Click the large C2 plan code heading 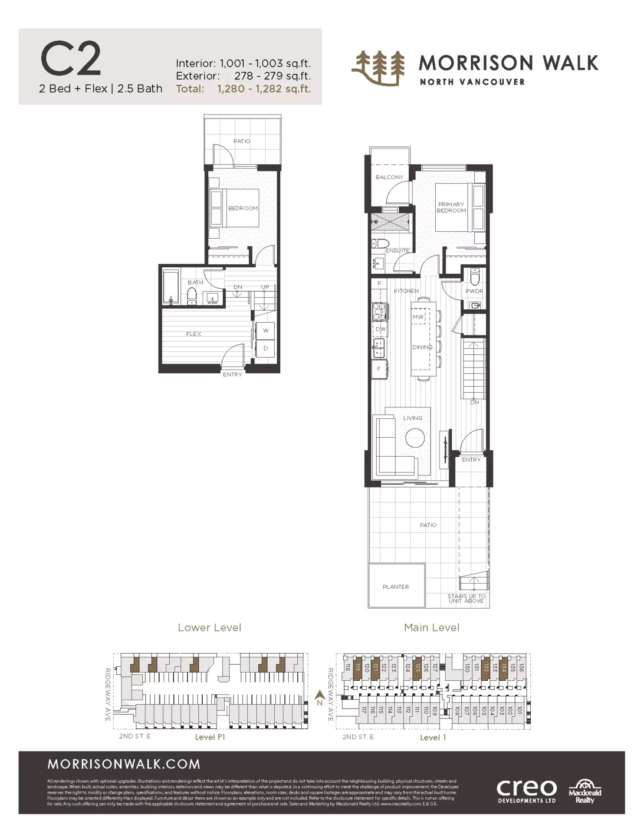[71, 59]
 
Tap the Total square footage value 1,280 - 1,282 [264, 89]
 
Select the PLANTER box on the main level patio [396, 585]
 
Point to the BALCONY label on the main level [389, 177]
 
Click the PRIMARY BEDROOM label [451, 207]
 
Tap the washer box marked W [266, 331]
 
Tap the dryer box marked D [266, 348]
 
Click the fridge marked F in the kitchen [379, 369]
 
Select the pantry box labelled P [379, 283]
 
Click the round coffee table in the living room [415, 438]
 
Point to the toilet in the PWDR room [474, 276]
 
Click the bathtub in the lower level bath [171, 286]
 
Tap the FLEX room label [194, 334]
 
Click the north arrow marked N [320, 698]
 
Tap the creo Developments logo [526, 790]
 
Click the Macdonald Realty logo [585, 790]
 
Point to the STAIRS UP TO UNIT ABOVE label [466, 598]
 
